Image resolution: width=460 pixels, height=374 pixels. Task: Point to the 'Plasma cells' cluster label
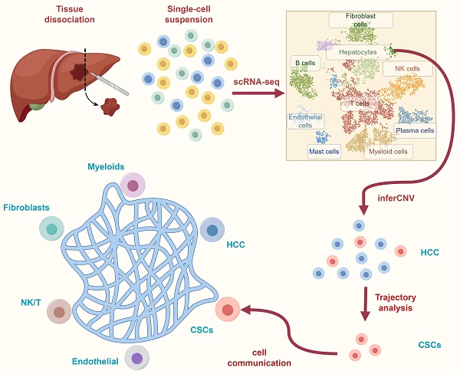pos(416,130)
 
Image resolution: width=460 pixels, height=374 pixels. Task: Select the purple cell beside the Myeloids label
pos(133,185)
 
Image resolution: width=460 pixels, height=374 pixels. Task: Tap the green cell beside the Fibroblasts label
pos(51,228)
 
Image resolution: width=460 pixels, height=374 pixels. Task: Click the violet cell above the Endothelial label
pos(136,358)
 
